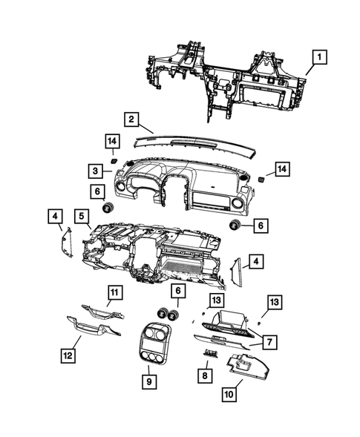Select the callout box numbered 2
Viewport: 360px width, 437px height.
131,119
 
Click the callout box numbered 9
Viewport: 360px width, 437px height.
149,381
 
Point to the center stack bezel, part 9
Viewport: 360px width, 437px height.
154,347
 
